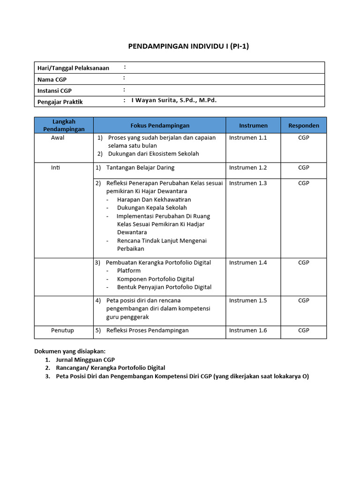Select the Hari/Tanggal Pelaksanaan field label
pyautogui.click(x=73, y=68)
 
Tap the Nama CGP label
pyautogui.click(x=52, y=80)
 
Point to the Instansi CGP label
pyautogui.click(x=54, y=91)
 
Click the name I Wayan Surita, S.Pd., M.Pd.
pyautogui.click(x=174, y=100)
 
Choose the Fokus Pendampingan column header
pyautogui.click(x=160, y=126)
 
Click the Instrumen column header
pyautogui.click(x=253, y=126)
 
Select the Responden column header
pyautogui.click(x=303, y=126)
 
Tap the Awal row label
pyautogui.click(x=58, y=138)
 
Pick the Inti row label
pyautogui.click(x=55, y=167)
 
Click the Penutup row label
pyautogui.click(x=62, y=330)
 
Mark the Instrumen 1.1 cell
pyautogui.click(x=247, y=138)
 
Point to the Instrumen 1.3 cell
pyautogui.click(x=247, y=183)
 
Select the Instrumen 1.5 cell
pyautogui.click(x=247, y=300)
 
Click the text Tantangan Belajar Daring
pyautogui.click(x=140, y=167)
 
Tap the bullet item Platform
pyautogui.click(x=129, y=270)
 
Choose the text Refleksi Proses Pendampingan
pyautogui.click(x=147, y=330)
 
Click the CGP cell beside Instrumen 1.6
pyautogui.click(x=304, y=330)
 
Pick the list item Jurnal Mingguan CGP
pyautogui.click(x=85, y=360)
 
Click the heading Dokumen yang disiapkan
pyautogui.click(x=70, y=351)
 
